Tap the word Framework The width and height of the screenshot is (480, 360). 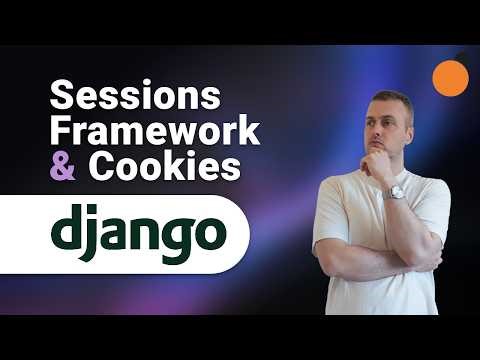[x=154, y=131]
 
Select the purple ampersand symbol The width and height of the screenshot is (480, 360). [x=62, y=165]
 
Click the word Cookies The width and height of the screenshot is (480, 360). [x=165, y=165]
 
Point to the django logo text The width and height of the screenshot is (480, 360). [x=136, y=232]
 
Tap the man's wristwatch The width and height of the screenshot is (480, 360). [x=397, y=191]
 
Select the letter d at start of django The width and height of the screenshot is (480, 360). [x=68, y=230]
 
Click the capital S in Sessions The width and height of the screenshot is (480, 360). [x=61, y=98]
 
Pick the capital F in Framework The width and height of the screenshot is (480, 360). [x=59, y=131]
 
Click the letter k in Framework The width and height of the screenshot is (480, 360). [x=247, y=131]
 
